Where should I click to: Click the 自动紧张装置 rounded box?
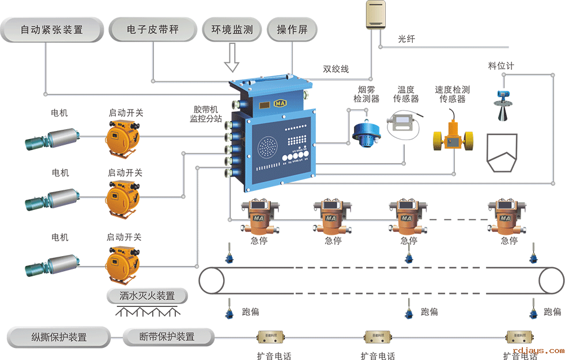pos(52,29)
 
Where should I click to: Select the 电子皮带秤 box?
pos(152,29)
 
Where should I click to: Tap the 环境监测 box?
pos(232,29)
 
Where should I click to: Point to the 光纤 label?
pos(406,39)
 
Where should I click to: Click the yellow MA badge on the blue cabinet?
pos(281,103)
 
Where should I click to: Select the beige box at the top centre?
pos(378,15)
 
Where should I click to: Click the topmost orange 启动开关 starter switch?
pos(122,136)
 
